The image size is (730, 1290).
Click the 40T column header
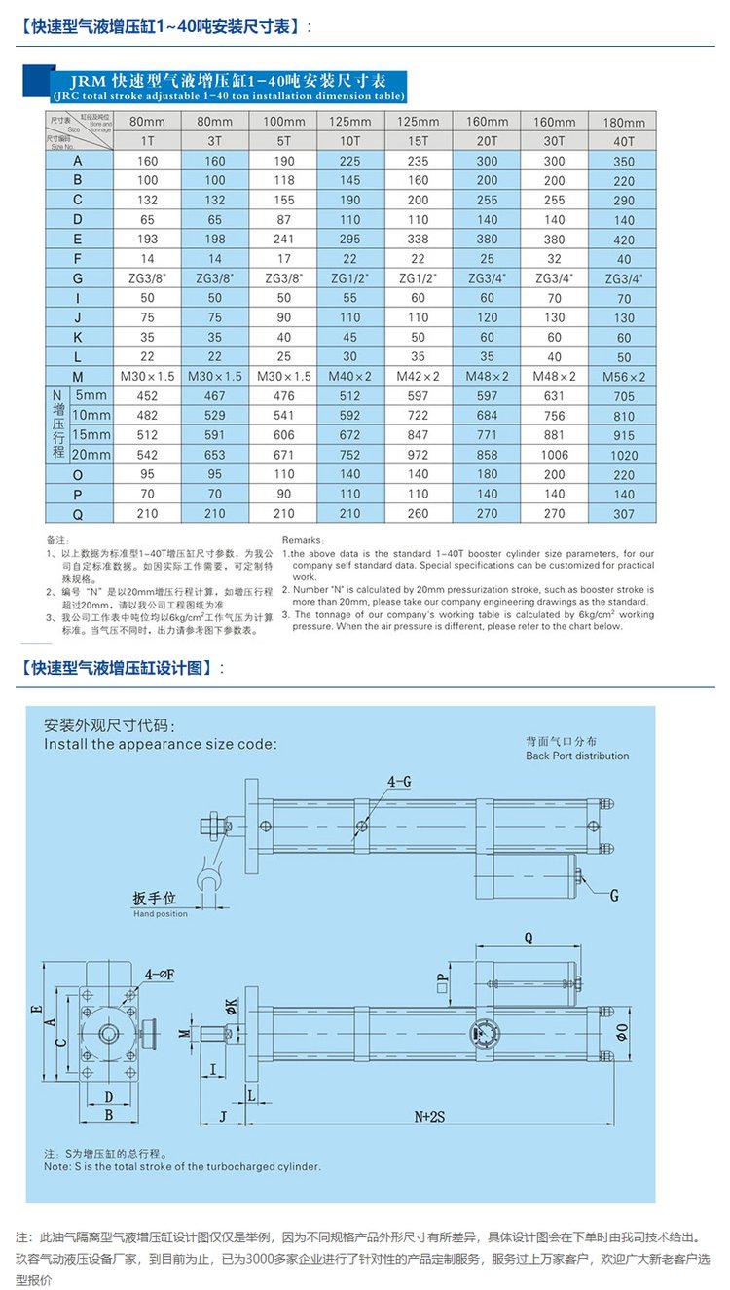pyautogui.click(x=624, y=142)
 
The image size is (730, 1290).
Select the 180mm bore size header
pyautogui.click(x=624, y=123)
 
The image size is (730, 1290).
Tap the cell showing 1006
pyautogui.click(x=555, y=455)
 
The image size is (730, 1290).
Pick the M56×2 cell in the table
pyautogui.click(x=624, y=377)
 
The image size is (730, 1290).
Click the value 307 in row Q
pyautogui.click(x=624, y=514)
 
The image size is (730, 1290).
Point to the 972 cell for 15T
pyautogui.click(x=419, y=455)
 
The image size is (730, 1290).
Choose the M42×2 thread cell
pyautogui.click(x=419, y=377)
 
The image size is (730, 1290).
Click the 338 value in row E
pyautogui.click(x=419, y=239)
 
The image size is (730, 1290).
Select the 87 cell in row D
pyautogui.click(x=283, y=219)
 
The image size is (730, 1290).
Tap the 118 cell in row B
pyautogui.click(x=283, y=180)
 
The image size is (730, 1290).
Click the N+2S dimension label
pyautogui.click(x=428, y=1117)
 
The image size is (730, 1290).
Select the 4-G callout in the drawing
pyautogui.click(x=399, y=781)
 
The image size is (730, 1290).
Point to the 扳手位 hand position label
pyautogui.click(x=155, y=898)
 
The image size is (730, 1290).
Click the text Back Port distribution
pyautogui.click(x=577, y=756)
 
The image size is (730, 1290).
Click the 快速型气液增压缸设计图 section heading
pyautogui.click(x=122, y=668)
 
